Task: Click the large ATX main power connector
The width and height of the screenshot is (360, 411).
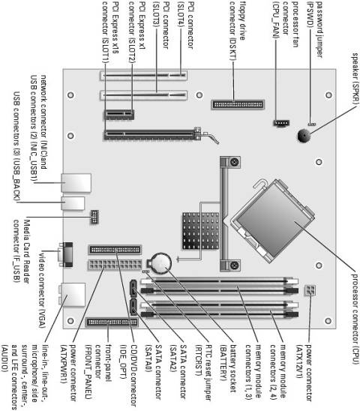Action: point(112,268)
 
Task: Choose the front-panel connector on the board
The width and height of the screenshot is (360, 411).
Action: point(112,321)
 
